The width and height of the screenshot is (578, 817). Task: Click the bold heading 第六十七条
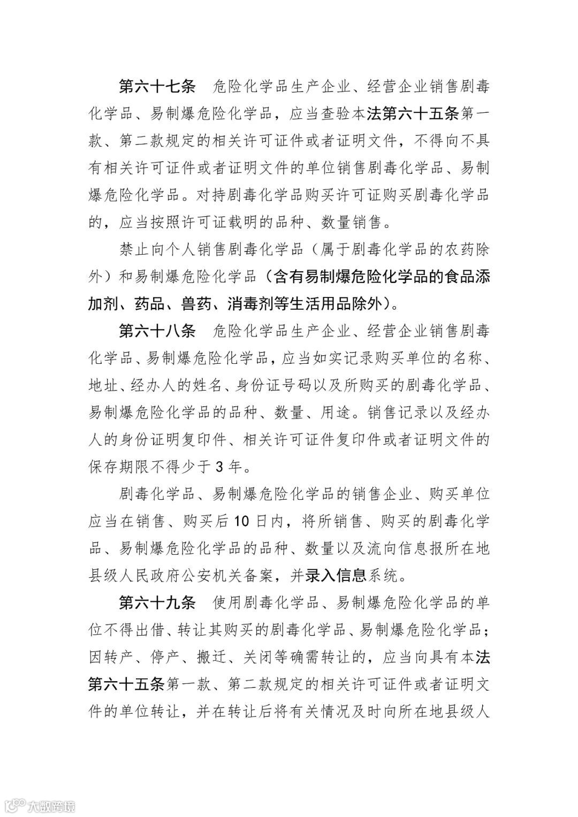157,86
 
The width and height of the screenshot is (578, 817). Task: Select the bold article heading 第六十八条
157,331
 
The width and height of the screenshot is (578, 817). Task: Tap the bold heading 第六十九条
157,603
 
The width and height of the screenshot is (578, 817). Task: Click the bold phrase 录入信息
336,576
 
